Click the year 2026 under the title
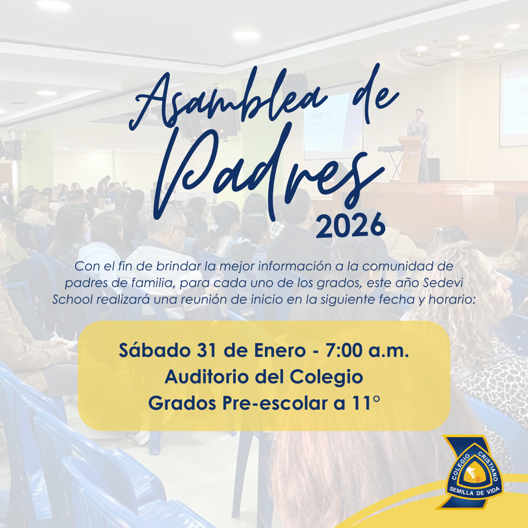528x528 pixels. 350,225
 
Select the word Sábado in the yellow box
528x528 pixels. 155,350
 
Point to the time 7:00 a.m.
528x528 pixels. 367,351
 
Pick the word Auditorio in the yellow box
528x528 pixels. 208,376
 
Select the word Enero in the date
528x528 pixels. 280,351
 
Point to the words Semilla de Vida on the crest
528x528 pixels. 474,491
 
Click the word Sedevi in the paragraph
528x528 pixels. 443,283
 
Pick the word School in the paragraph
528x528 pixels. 72,299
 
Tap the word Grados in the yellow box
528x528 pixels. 182,403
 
